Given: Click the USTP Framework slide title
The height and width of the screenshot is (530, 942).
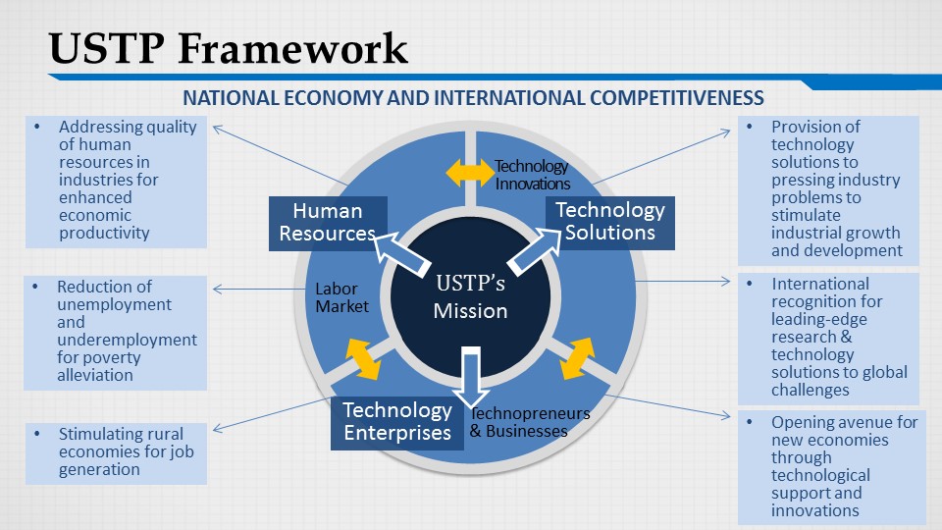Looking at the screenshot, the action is pos(229,48).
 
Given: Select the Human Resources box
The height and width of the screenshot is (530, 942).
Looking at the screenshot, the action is pos(328,223).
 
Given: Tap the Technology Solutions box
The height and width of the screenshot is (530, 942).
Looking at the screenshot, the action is pos(609,223).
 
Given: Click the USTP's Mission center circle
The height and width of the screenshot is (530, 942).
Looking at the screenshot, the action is pos(470,296).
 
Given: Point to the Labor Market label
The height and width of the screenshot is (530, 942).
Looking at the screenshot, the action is pos(341,297).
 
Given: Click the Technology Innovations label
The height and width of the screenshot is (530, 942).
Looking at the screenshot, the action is pos(532,175).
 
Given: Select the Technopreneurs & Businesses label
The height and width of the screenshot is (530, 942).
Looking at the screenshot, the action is pos(530,422).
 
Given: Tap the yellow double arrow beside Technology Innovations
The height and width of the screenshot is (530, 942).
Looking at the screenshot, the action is pos(470,173).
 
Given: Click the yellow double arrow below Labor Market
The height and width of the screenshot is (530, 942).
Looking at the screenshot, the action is pos(363,359).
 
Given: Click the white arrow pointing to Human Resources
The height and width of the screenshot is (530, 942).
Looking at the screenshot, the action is pos(401,255).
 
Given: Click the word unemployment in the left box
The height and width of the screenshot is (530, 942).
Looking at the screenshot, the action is pos(114,304).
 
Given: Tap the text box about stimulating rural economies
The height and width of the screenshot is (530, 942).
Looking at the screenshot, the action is pos(116,453).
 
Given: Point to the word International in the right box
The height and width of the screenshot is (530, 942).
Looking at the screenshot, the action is pos(820,284).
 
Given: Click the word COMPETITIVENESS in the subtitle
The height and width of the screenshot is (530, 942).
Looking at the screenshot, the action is pos(676,97).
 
